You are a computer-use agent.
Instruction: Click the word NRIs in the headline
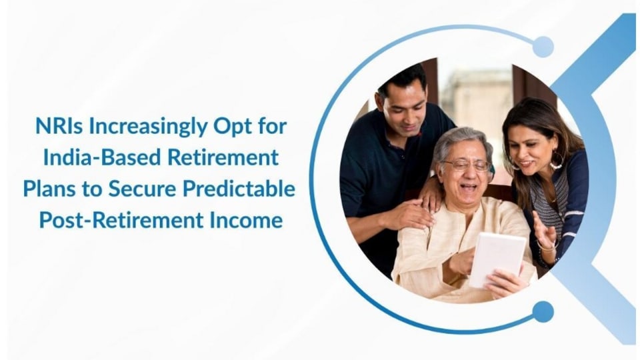click(x=59, y=126)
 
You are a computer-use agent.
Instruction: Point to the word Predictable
click(x=239, y=189)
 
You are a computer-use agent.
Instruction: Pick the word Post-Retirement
click(x=121, y=221)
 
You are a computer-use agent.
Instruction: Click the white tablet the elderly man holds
click(x=497, y=260)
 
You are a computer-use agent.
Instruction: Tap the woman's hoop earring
click(x=556, y=161)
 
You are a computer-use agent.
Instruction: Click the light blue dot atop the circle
click(x=543, y=47)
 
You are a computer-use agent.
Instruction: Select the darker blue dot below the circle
click(x=543, y=312)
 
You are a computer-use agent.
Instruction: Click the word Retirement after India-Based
click(x=223, y=157)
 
